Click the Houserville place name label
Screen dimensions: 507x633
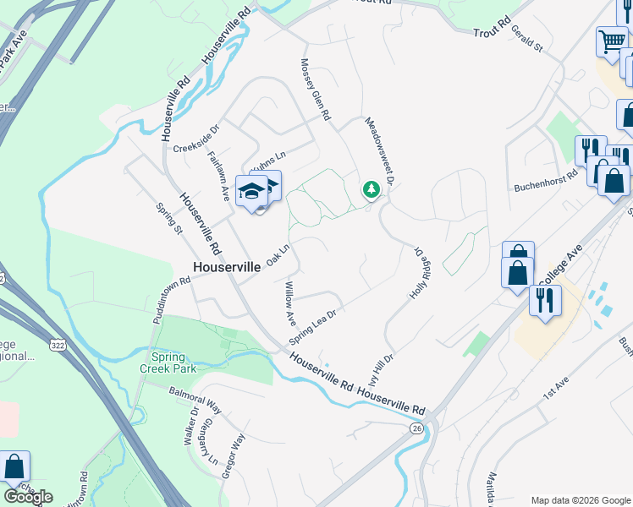[x=227, y=266]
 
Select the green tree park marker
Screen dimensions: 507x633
[x=371, y=188]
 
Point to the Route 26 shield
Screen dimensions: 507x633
[x=416, y=429]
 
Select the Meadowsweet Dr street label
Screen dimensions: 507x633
[x=380, y=151]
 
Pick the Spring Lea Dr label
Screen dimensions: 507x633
[x=313, y=326]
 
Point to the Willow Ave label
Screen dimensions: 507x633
[x=289, y=305]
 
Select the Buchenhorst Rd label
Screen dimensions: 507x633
[x=546, y=183]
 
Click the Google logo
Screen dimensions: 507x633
[x=28, y=497]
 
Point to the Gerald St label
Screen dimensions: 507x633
[x=526, y=39]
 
